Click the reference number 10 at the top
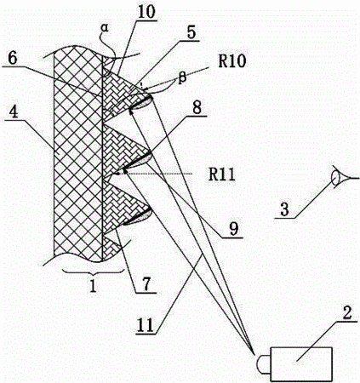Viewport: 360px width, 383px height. point(146,12)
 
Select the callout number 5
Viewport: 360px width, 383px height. point(191,32)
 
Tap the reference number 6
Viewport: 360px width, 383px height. point(13,59)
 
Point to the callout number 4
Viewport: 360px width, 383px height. point(14,112)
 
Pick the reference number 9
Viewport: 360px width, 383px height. point(233,230)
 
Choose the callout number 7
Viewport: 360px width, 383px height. point(146,284)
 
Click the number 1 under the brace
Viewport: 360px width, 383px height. point(93,286)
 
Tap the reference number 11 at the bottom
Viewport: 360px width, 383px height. point(146,325)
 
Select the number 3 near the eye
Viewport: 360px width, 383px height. point(284,209)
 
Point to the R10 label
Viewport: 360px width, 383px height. point(231,61)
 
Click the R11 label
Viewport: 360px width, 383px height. point(222,174)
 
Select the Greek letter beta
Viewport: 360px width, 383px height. point(182,77)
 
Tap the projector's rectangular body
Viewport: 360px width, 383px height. point(301,363)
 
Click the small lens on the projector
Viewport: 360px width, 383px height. point(264,364)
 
